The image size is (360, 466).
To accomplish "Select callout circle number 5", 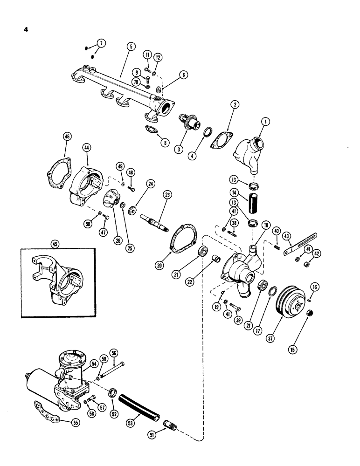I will coord(131,47).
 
